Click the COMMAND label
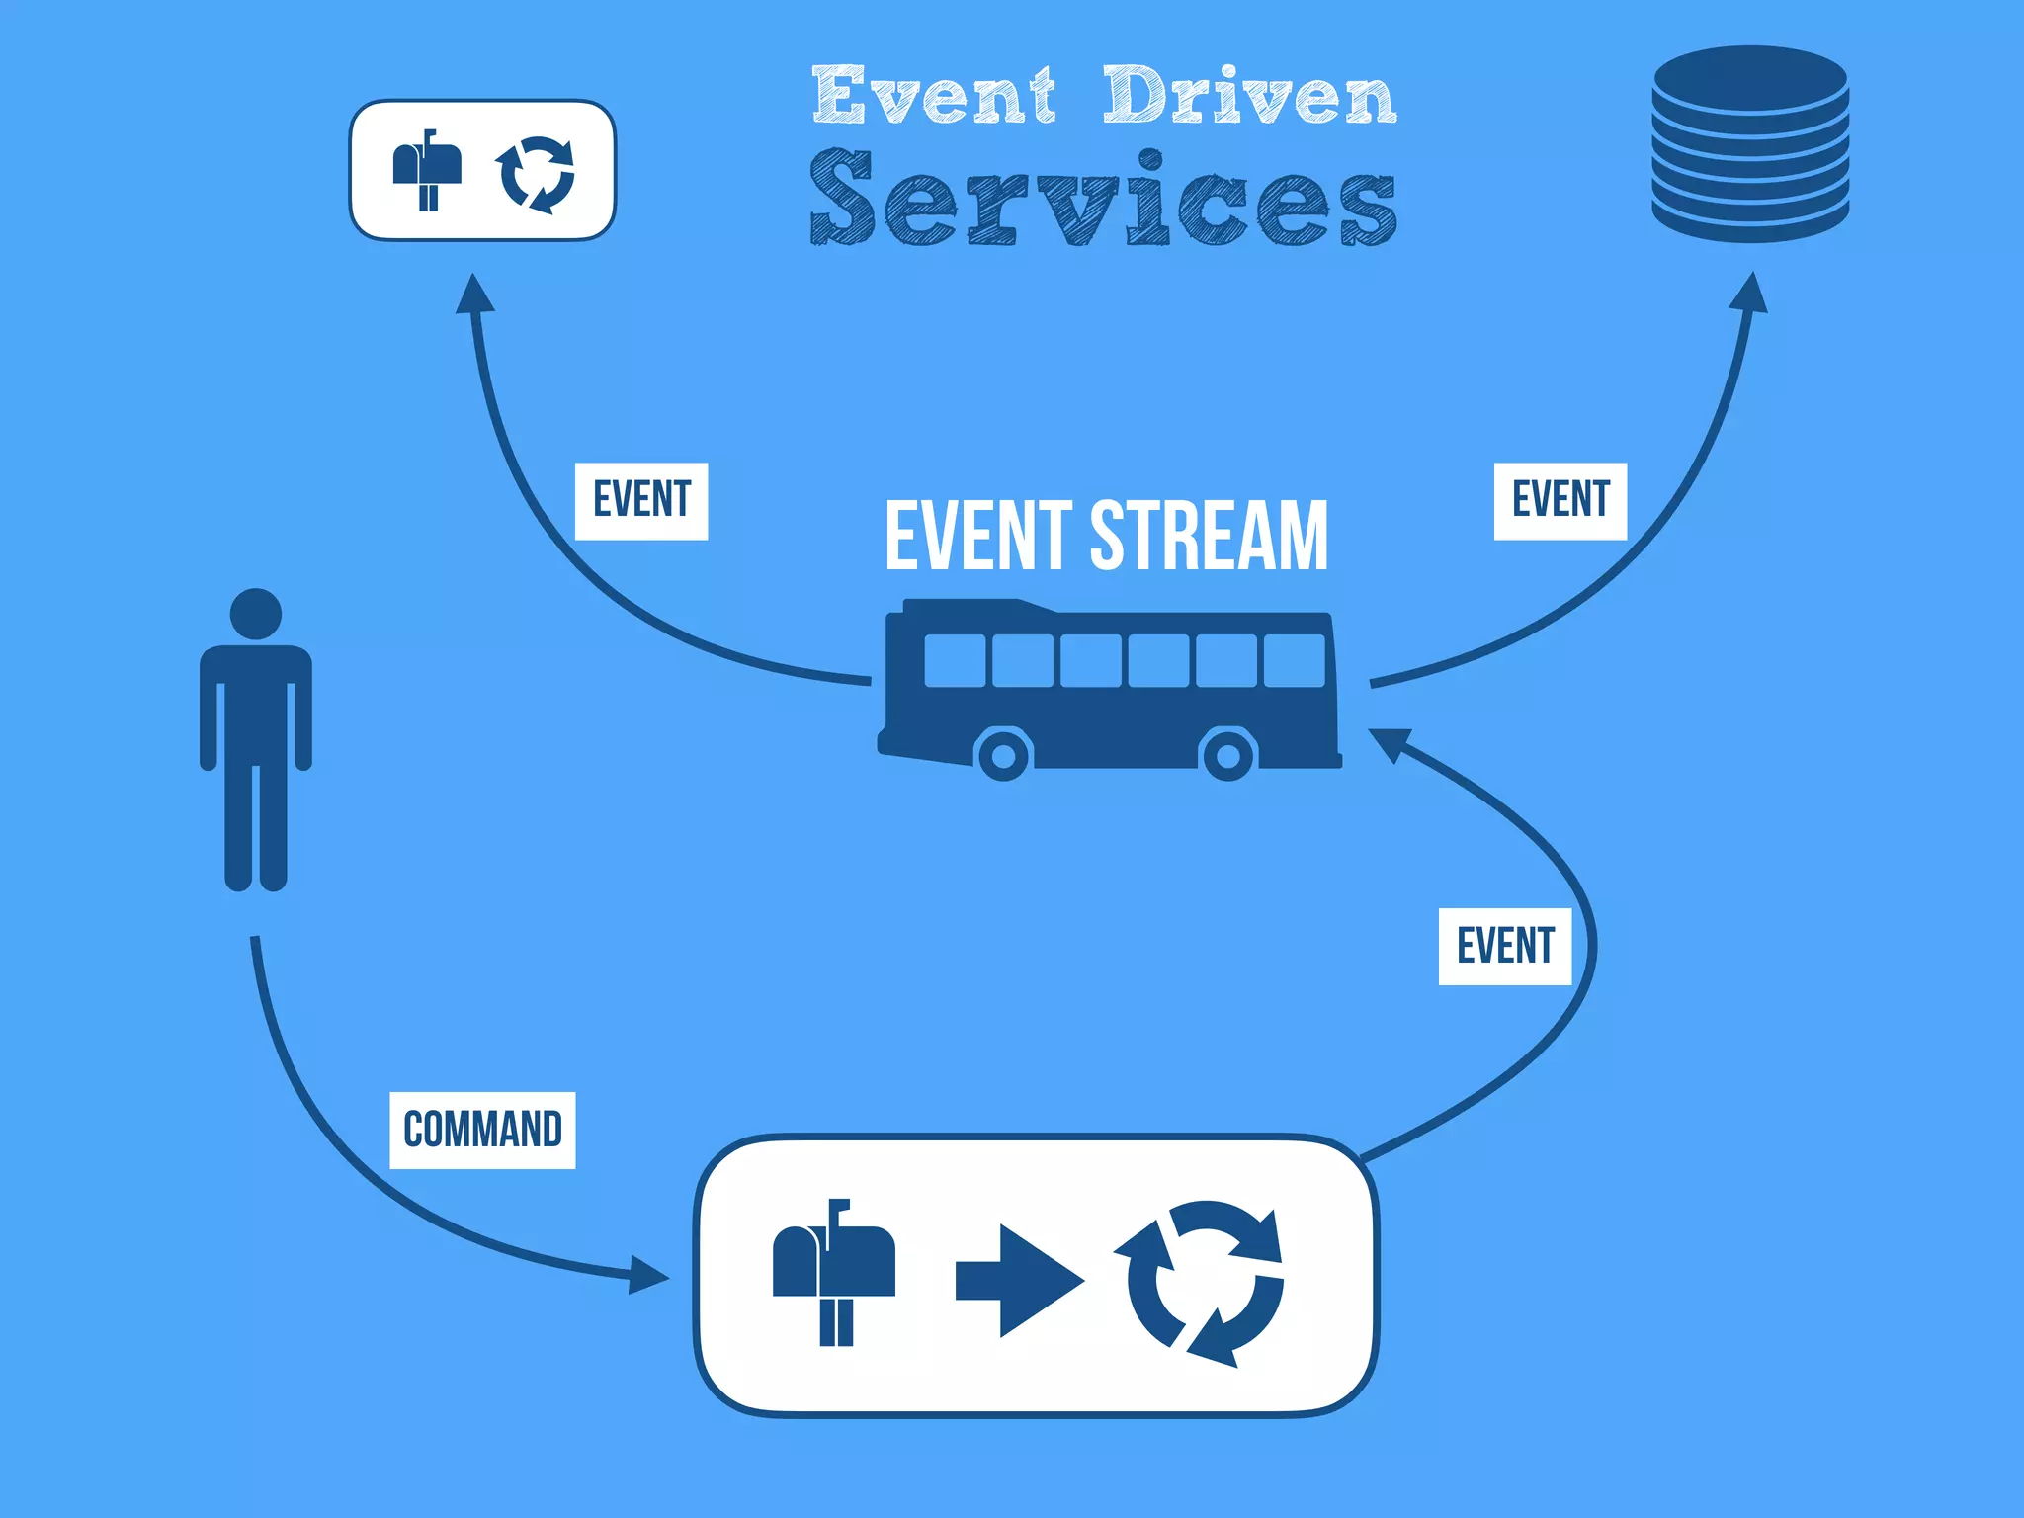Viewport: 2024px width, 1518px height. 482,1130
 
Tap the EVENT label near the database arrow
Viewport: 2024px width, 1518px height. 1560,500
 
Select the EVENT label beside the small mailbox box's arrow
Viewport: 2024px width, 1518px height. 641,500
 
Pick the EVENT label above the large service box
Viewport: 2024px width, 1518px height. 1505,946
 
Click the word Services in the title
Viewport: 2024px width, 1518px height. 1103,198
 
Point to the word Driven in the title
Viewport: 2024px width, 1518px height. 1249,96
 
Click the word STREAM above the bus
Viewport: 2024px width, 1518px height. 1209,536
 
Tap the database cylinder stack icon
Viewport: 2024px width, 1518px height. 1750,143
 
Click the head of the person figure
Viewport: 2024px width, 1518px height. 256,614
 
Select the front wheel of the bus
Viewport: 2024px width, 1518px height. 1004,756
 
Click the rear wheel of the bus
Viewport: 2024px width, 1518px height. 1228,756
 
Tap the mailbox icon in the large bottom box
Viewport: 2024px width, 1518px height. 833,1271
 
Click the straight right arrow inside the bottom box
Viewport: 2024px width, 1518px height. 1019,1281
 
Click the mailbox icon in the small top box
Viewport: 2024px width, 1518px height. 427,169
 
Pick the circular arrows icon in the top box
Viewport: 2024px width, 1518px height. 536,174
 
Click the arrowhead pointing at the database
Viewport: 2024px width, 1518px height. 1750,294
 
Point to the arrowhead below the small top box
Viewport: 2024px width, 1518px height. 475,295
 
